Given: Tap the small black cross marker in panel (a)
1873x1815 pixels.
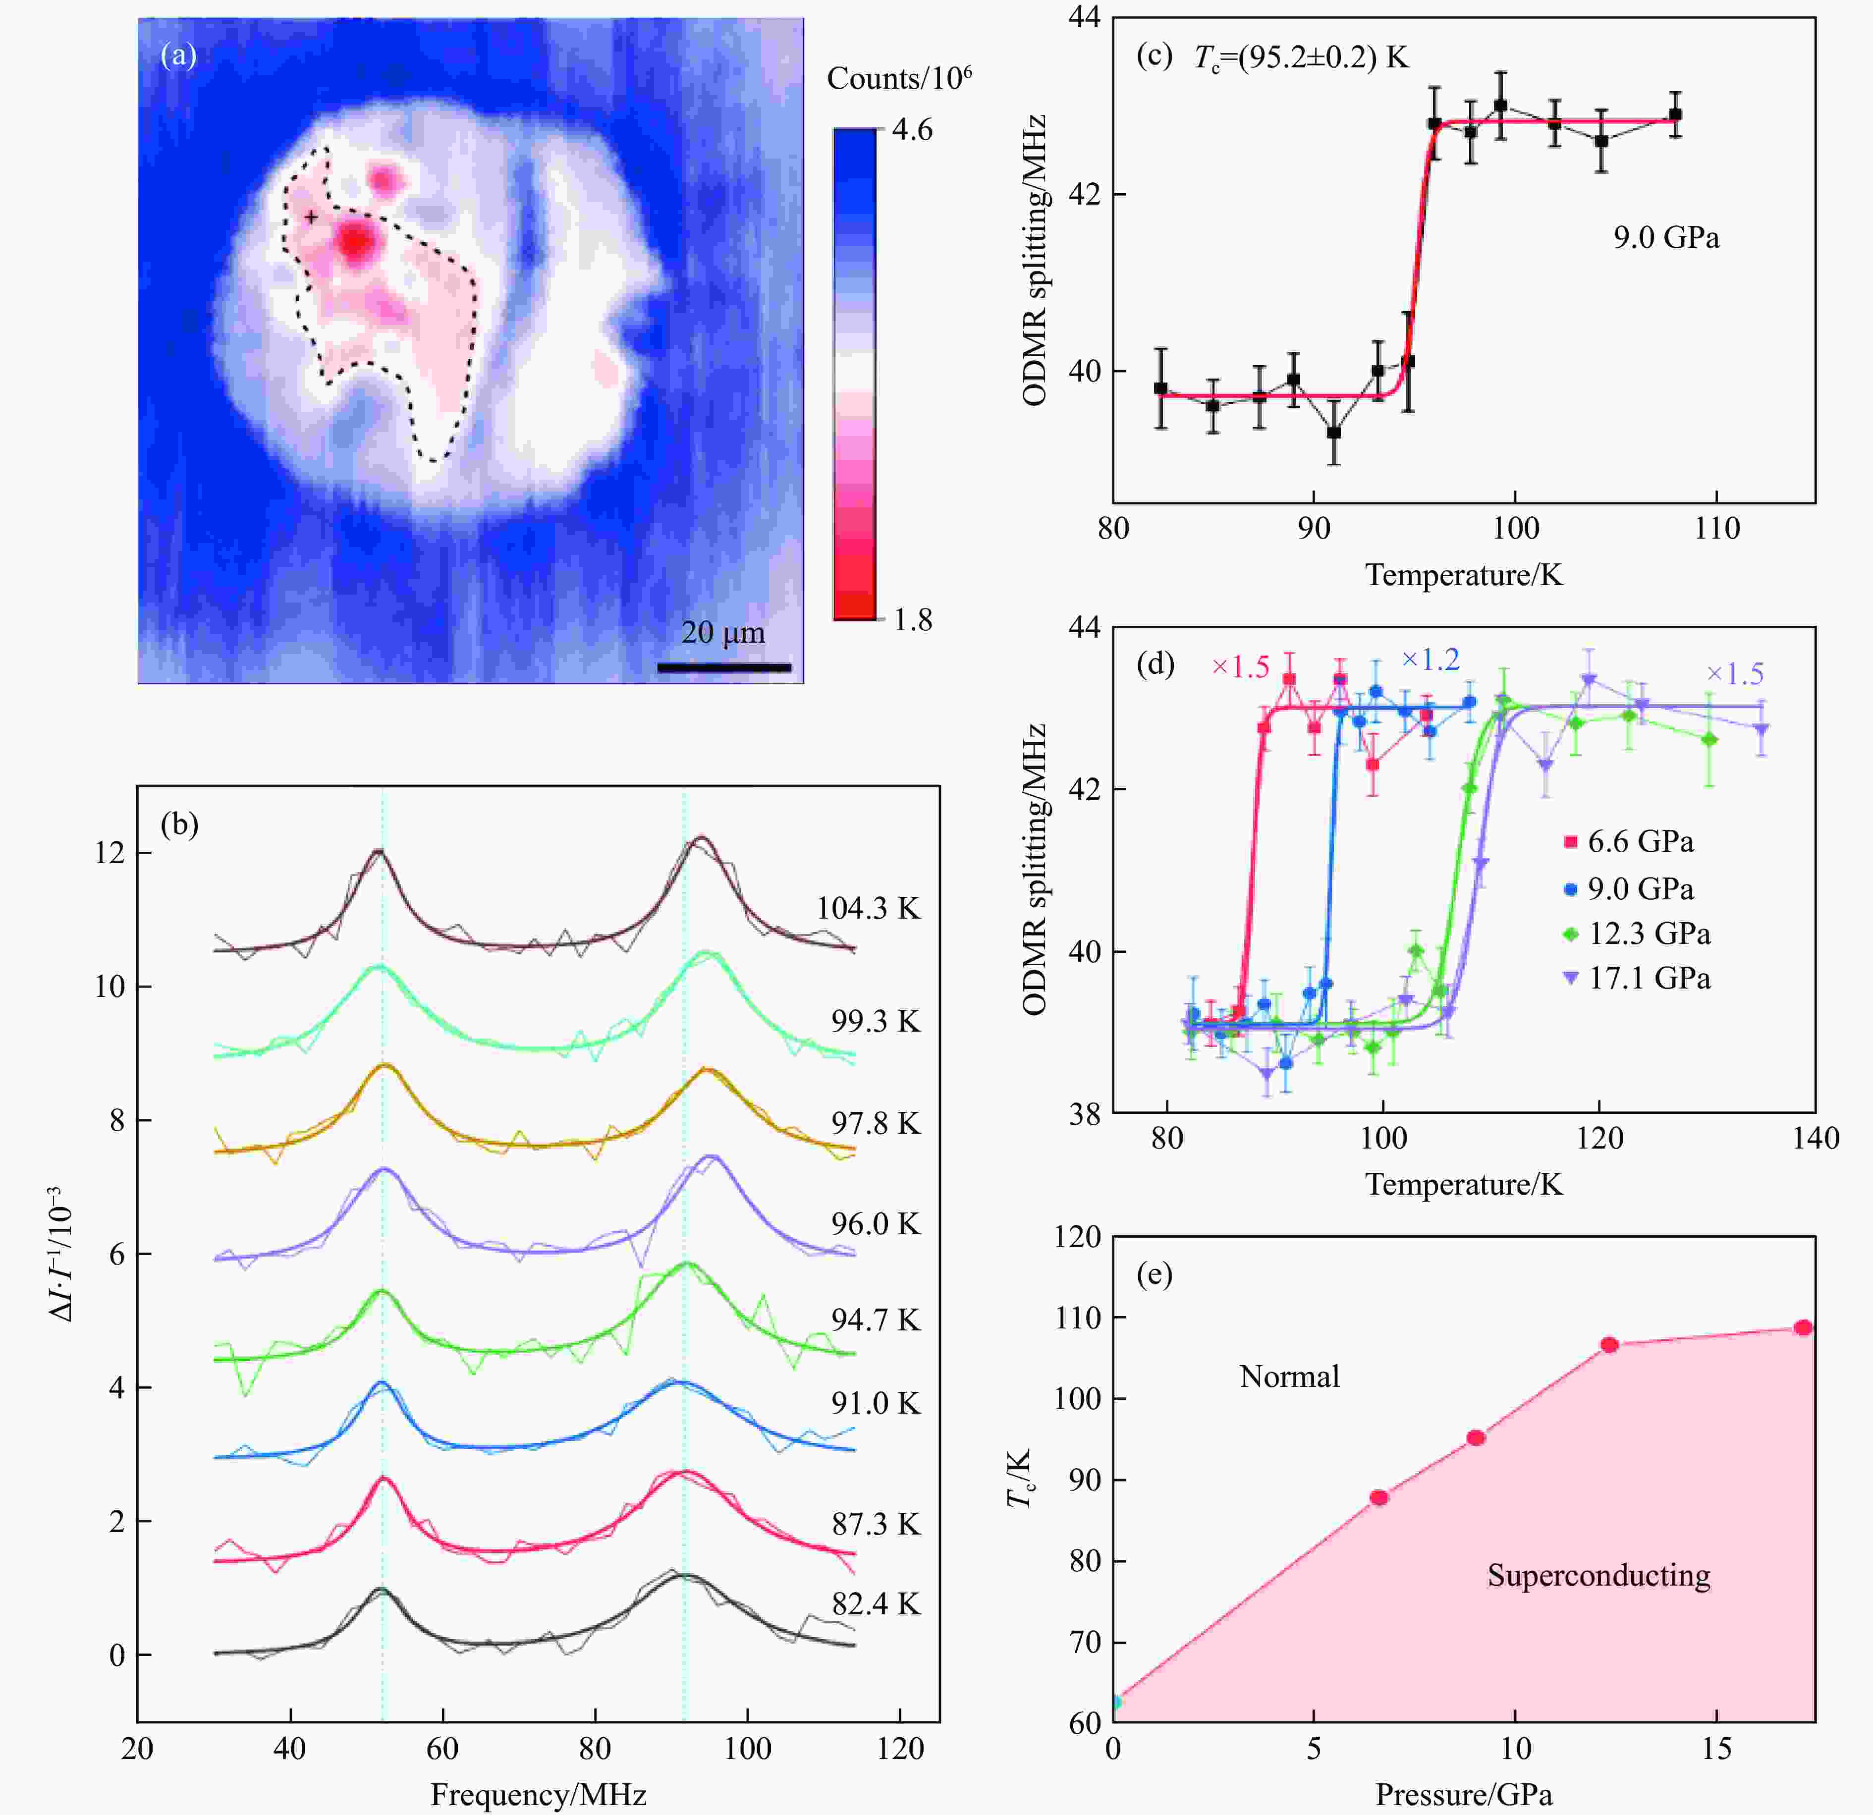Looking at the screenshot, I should click(311, 218).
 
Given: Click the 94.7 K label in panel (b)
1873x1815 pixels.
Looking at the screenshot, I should click(876, 1320).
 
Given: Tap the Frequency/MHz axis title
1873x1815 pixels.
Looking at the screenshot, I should click(538, 1794).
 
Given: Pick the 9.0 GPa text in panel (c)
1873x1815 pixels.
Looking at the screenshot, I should click(1666, 237).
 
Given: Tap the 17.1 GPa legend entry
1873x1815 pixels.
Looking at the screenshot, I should click(1636, 978).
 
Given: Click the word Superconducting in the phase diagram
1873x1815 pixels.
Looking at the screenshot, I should click(1598, 1575).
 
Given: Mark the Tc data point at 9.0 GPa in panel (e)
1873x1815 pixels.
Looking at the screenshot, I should click(1476, 1437).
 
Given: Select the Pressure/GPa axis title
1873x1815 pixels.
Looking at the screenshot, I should click(1463, 1794).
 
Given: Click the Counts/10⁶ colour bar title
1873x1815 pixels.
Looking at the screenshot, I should click(898, 78).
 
